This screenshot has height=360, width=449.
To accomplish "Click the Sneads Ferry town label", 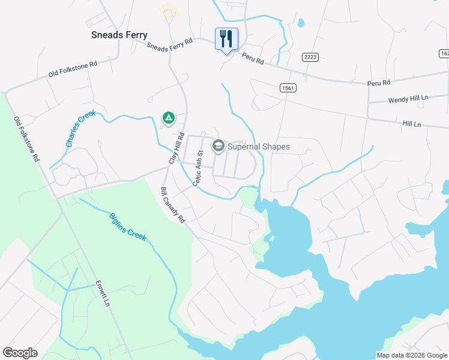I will tap(119, 35).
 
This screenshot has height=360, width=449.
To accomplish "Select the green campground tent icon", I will tap(169, 118).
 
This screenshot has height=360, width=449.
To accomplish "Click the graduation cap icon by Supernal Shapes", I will tap(218, 146).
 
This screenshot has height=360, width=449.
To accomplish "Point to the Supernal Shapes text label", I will tap(259, 146).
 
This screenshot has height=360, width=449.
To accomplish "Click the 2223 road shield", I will tap(310, 57).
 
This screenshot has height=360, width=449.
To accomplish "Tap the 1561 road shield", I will tap(288, 88).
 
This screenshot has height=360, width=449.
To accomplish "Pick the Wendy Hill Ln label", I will tap(408, 98).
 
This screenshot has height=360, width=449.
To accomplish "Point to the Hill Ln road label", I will tap(412, 124).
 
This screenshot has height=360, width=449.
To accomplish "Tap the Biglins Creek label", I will tap(127, 227).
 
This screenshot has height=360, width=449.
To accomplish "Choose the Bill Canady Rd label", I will tap(172, 205).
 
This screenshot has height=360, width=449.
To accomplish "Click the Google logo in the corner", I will tap(20, 353).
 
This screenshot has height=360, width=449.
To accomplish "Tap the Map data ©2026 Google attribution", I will tap(412, 355).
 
